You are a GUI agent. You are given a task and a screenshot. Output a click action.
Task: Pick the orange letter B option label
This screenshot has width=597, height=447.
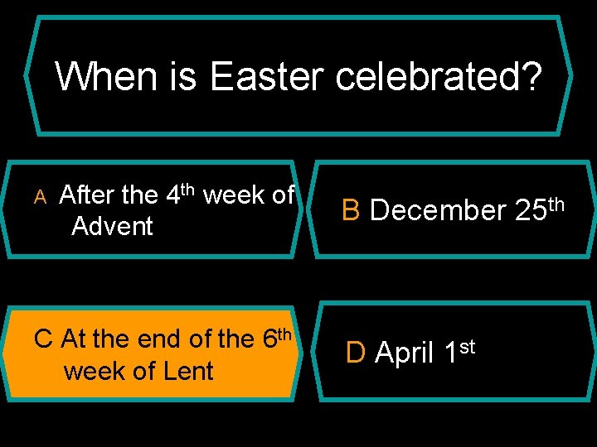[351, 210]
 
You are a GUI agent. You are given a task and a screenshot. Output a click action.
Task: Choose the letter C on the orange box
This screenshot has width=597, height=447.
[45, 339]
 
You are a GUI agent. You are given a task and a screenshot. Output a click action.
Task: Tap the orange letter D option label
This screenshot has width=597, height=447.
[355, 353]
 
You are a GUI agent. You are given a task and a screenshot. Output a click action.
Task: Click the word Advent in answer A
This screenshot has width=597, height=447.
[112, 226]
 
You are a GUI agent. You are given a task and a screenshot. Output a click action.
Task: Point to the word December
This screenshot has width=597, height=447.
[438, 211]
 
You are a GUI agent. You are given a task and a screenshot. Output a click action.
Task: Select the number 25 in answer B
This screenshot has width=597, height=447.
[529, 211]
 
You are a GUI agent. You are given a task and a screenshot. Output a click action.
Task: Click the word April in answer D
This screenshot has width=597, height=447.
[405, 353]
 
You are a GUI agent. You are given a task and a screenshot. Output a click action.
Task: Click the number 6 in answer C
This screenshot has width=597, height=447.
[269, 339]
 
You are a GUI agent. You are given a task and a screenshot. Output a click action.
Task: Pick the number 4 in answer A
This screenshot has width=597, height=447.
[173, 196]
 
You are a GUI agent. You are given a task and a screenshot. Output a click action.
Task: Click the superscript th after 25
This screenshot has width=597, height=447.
[556, 203]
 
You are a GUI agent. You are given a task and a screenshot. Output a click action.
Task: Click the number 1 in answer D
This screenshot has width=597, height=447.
[450, 353]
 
